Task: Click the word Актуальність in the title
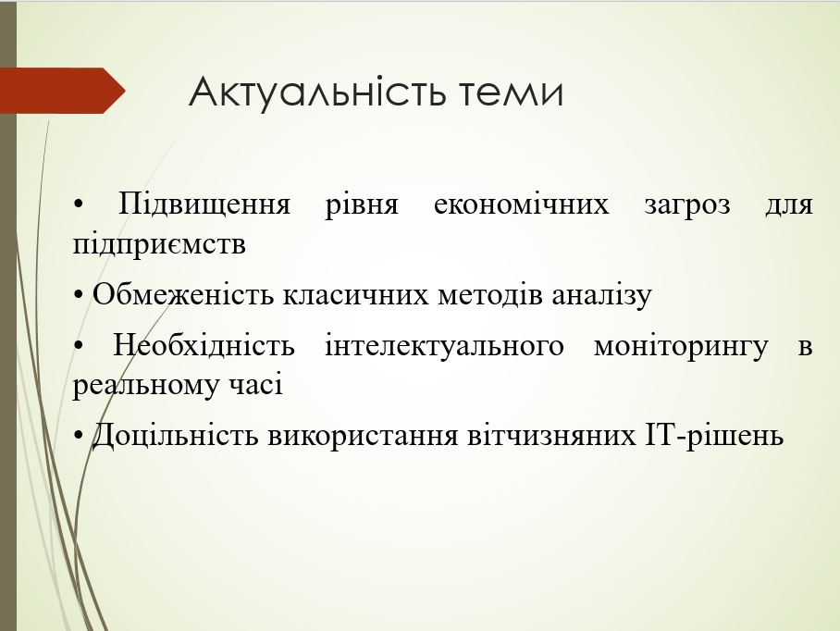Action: click(317, 93)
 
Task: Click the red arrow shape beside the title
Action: click(63, 91)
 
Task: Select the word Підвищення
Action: click(204, 205)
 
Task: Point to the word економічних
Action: click(521, 204)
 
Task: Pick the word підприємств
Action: click(159, 245)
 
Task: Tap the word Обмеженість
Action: click(182, 294)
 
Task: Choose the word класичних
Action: click(355, 294)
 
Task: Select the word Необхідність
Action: click(204, 345)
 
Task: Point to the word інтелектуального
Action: click(444, 346)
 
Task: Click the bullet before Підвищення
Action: click(79, 204)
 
